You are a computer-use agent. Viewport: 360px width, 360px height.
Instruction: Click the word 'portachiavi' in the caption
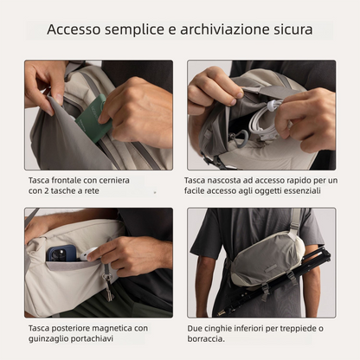[93, 338]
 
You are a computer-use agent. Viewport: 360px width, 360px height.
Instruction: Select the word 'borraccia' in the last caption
[205, 338]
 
